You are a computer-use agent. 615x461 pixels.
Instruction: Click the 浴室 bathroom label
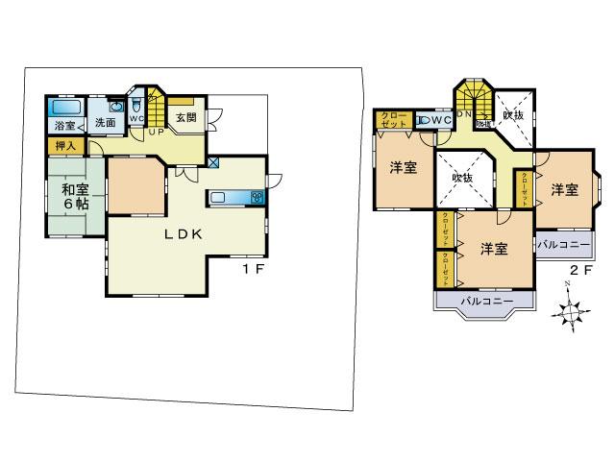point(64,126)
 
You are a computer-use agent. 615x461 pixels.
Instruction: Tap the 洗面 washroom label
point(105,122)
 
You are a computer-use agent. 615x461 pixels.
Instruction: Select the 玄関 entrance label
point(185,118)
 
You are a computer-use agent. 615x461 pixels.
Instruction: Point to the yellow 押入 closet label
point(66,146)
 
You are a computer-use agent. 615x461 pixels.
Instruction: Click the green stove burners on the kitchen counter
point(257,198)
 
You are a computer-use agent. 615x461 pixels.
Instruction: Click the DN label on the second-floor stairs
point(463,114)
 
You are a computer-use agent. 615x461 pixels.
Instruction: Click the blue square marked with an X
point(212,163)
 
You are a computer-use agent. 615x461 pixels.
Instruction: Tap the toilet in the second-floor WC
point(425,120)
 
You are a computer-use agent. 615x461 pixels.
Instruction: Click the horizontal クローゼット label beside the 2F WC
point(394,120)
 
